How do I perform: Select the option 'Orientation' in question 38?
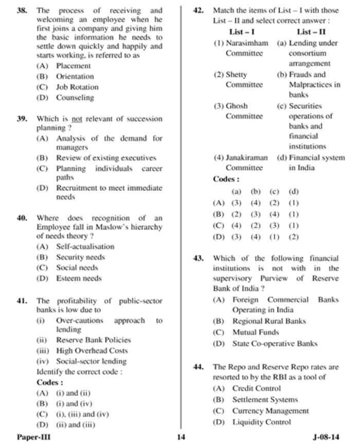(75, 77)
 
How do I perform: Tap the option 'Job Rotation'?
(77, 87)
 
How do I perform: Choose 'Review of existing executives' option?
(106, 158)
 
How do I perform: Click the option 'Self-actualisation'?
(85, 246)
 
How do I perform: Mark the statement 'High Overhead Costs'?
(92, 350)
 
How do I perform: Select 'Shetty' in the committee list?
(237, 75)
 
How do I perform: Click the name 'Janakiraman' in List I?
(247, 158)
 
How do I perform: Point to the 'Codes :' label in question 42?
(226, 180)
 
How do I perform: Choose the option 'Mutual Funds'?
(255, 332)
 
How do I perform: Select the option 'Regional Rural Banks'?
(269, 321)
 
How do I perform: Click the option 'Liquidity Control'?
(261, 422)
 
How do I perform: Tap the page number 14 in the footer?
(180, 437)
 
